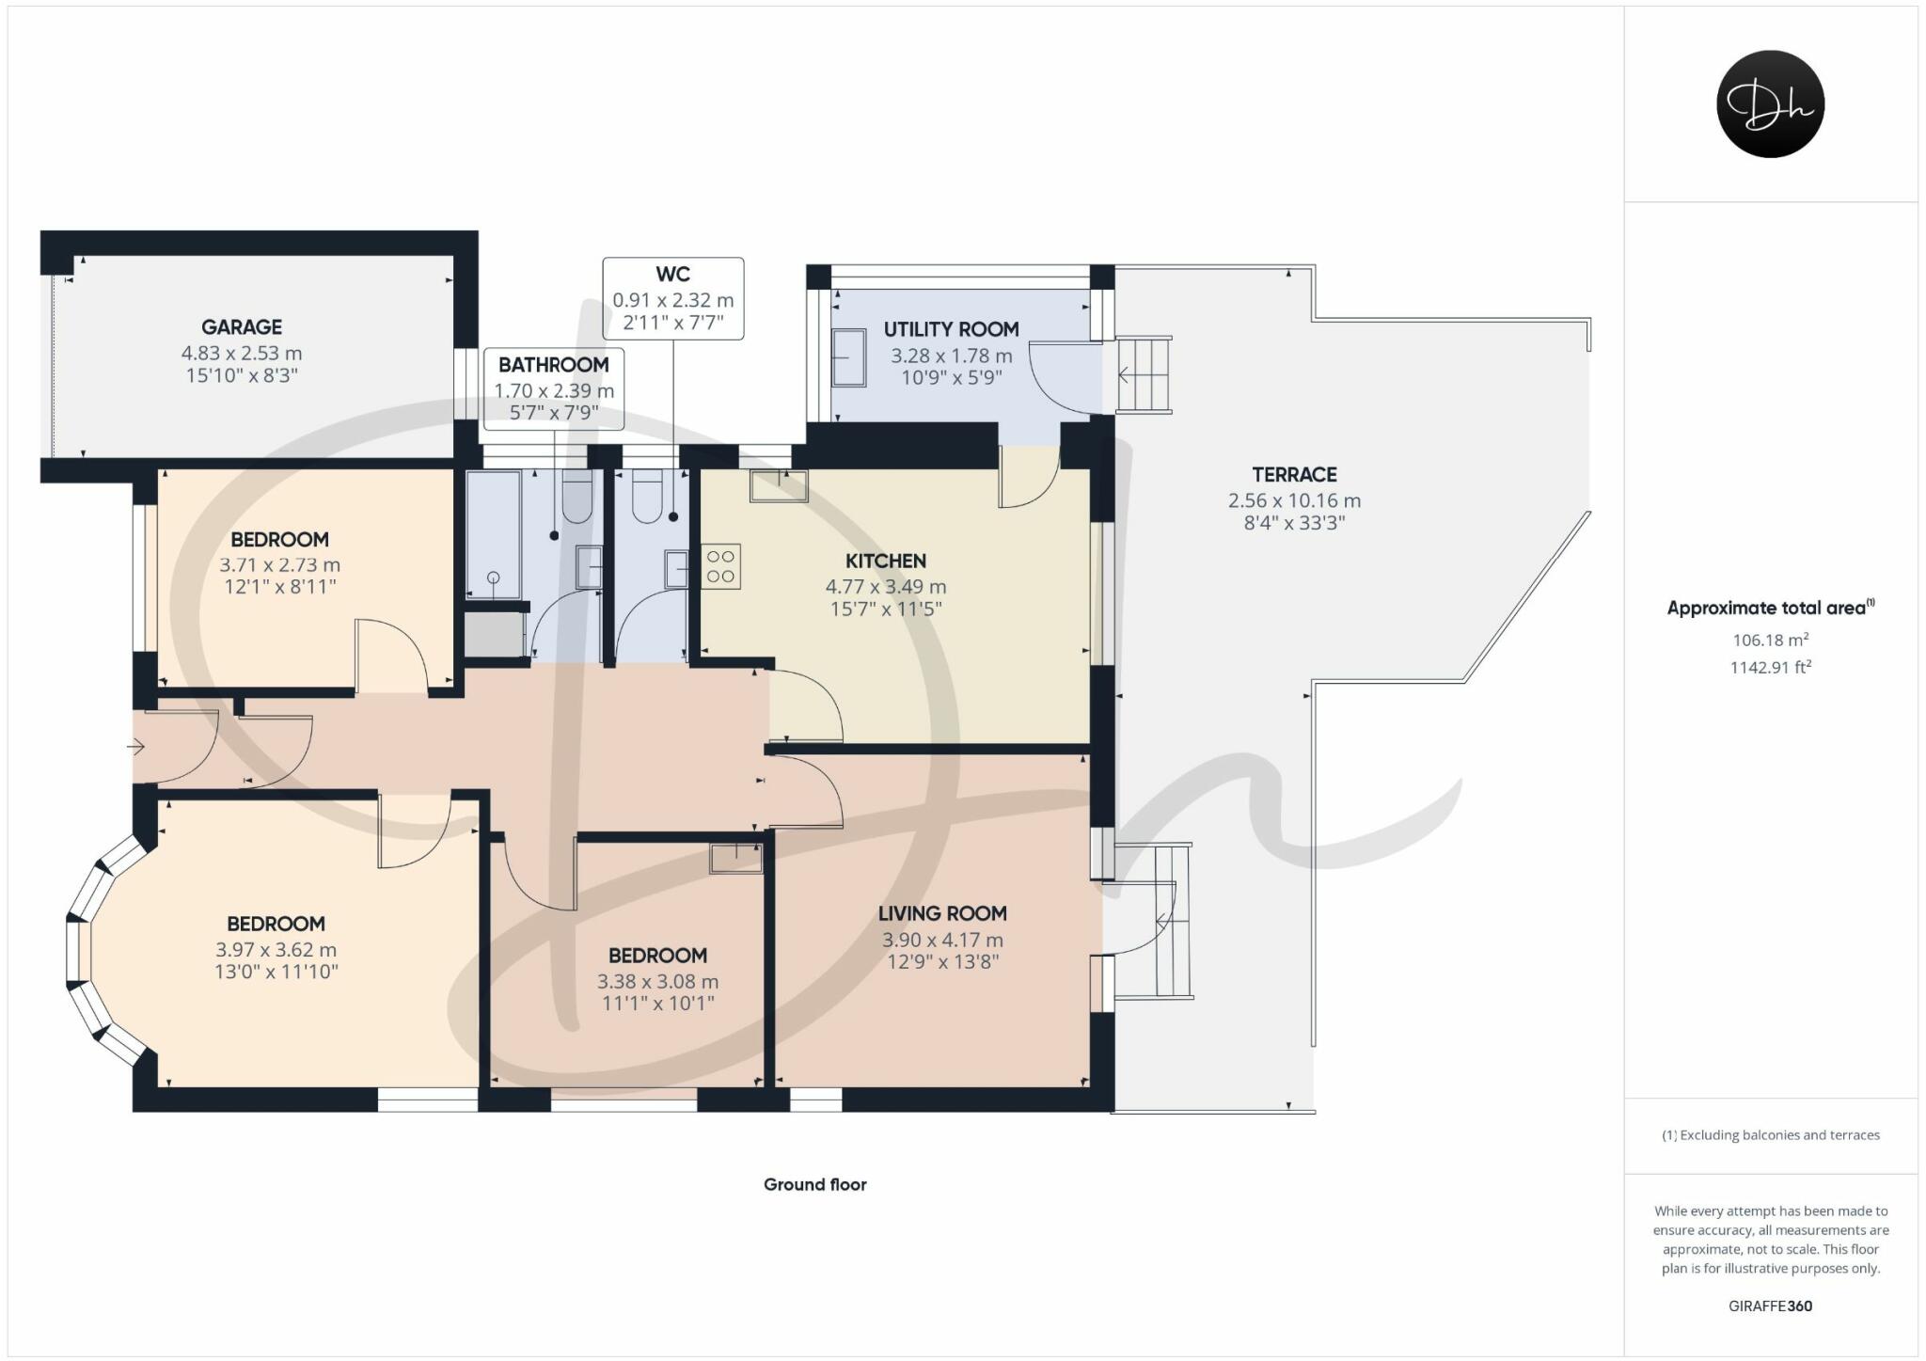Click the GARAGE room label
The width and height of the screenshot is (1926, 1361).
(x=242, y=327)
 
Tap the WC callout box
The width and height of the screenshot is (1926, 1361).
(x=672, y=298)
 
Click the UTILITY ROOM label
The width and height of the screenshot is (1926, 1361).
(x=951, y=330)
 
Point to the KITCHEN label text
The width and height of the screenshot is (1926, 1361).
(x=885, y=562)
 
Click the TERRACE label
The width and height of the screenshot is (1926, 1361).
(x=1294, y=475)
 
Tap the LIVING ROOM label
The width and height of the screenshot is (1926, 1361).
(x=942, y=913)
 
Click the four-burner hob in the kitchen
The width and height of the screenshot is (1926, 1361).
(x=721, y=566)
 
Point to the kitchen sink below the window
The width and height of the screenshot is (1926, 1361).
(x=779, y=486)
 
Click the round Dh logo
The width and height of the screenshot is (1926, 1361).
(x=1770, y=103)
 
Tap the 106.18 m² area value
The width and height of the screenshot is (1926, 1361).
(x=1770, y=641)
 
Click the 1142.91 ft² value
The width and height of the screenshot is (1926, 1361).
(x=1770, y=668)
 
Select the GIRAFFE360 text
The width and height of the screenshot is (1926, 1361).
(x=1770, y=1306)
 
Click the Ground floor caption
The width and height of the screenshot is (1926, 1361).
(x=814, y=1185)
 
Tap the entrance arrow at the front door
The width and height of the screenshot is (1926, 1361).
(x=136, y=748)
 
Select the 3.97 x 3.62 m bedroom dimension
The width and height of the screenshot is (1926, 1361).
(x=276, y=950)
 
